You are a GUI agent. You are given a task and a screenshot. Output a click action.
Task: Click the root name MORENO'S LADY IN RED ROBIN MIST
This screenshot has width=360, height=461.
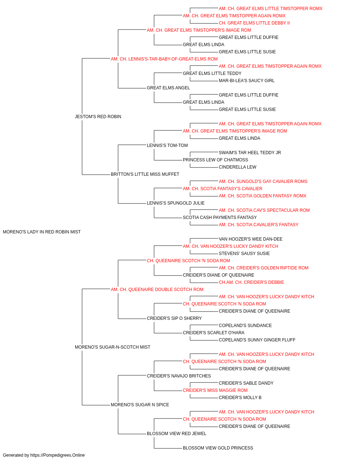pos(42,232)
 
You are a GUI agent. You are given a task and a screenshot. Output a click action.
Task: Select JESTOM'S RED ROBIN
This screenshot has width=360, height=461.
pos(98,117)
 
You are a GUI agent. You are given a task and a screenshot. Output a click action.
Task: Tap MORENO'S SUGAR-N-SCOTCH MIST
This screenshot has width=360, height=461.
pos(112,347)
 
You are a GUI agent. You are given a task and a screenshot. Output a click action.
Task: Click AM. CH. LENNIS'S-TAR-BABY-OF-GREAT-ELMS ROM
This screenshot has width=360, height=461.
pos(164,59)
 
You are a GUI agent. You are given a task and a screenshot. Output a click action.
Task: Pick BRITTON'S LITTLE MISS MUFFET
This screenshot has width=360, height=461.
pos(145,174)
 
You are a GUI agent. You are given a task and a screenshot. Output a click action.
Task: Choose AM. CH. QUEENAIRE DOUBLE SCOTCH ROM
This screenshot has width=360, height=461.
pos(157,289)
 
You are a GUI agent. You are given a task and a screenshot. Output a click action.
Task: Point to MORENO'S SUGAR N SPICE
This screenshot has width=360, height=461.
pos(140,404)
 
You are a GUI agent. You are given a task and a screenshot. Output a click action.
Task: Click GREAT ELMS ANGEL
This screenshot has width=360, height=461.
pos(168,88)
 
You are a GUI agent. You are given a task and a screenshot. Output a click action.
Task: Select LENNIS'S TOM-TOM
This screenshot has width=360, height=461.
pos(167,145)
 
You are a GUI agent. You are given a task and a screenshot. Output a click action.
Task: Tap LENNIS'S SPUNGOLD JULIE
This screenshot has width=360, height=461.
pos(176,203)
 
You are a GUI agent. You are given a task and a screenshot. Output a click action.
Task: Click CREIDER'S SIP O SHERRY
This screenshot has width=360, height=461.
pos(174,318)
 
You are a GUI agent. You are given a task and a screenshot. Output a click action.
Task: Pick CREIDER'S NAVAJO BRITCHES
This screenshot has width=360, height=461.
pos(179,376)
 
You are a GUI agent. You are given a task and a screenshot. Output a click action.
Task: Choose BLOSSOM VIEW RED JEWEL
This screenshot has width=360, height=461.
pos(177,433)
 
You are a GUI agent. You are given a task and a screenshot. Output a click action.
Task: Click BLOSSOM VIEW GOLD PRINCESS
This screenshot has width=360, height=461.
pos(218,448)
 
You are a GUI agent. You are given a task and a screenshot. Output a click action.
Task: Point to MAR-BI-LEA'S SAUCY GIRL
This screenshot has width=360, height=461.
pos(247,81)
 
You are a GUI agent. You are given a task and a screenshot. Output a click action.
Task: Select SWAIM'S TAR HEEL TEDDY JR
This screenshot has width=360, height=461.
pos(250,153)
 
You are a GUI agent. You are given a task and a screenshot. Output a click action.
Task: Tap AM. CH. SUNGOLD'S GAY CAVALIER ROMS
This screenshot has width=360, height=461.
pos(263,182)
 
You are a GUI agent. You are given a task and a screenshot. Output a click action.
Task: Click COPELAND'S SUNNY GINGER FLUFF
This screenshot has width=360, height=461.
pos(257,340)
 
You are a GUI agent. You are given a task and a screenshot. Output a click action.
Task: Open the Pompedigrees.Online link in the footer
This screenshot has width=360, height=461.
pos(58,455)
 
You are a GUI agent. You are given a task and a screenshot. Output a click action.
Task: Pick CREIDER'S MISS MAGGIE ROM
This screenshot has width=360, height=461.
pos(215,390)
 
